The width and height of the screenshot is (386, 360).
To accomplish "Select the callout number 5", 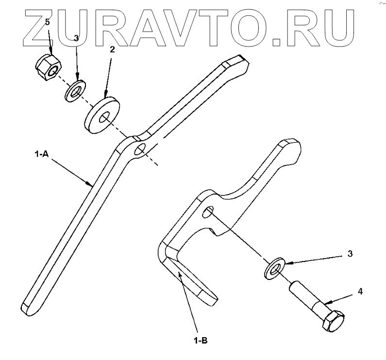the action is [47, 22].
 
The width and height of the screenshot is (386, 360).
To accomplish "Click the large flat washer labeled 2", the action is [102, 114].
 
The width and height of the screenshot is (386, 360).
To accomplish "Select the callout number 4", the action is [360, 292].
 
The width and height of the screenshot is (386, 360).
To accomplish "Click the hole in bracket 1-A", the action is [140, 149].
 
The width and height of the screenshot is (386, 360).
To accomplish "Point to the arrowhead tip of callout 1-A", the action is [92, 185].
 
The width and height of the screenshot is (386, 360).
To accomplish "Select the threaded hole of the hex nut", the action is [50, 73].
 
